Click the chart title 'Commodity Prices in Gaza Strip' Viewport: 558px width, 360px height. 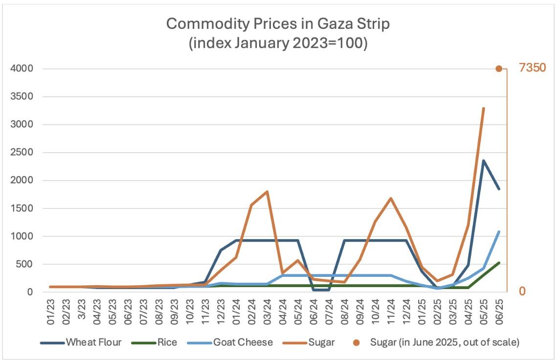pos(278,23)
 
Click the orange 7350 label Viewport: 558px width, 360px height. pos(532,68)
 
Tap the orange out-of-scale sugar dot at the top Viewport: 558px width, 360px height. pos(499,69)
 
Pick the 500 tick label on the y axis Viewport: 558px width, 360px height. pos(24,264)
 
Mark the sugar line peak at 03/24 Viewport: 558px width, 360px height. pos(267,191)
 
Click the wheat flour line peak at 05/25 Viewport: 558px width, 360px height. pos(484,160)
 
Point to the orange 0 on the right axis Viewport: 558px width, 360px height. pos(522,292)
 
